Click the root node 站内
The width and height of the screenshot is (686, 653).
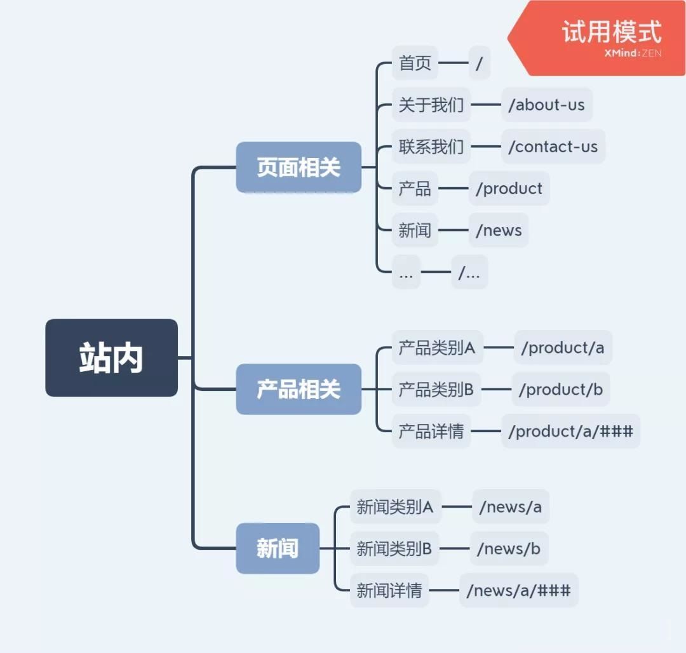pos(111,358)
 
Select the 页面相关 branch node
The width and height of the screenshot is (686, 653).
pos(299,168)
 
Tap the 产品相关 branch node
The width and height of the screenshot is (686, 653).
pos(299,389)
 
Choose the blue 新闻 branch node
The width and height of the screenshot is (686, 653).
pos(278,548)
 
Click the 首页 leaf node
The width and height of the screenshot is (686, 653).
pos(415,63)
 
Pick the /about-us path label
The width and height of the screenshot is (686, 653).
pos(546,105)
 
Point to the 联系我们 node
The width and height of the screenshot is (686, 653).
pos(431,147)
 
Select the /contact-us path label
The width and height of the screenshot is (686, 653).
pos(553,147)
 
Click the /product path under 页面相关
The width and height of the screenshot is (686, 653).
pos(509,188)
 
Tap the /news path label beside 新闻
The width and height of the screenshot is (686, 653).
pos(499,230)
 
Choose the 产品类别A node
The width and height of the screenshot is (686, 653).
pos(437,348)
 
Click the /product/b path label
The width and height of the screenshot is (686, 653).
pos(561,390)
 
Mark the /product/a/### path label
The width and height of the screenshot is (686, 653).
pos(570,432)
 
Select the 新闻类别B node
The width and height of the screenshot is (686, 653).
pos(394,548)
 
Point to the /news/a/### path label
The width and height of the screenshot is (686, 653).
pos(518,590)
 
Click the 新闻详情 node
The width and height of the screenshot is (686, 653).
pos(389,590)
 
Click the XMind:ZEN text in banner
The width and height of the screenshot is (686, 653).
pos(633,53)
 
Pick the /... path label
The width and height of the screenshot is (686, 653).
pos(469,272)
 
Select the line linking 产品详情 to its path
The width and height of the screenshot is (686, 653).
pos(486,432)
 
